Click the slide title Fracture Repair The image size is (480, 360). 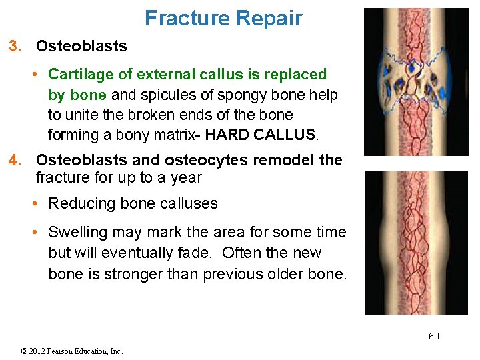pyautogui.click(x=223, y=18)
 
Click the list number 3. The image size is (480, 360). pyautogui.click(x=14, y=46)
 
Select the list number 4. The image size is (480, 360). pyautogui.click(x=14, y=160)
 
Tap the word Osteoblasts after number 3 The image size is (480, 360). pyautogui.click(x=81, y=46)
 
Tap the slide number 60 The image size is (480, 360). pyautogui.click(x=433, y=336)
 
